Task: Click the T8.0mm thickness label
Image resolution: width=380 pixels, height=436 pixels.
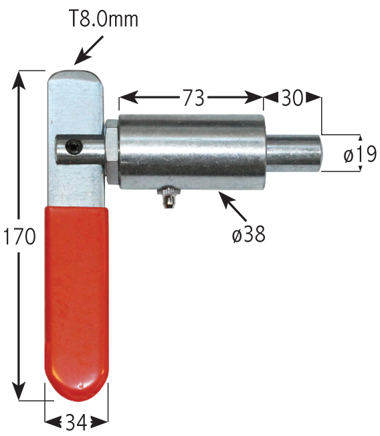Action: (x=104, y=18)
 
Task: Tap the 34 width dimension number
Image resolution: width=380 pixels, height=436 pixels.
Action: (x=76, y=421)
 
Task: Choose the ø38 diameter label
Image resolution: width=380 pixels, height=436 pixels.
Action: (x=249, y=234)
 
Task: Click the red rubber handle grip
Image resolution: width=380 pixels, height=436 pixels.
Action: (x=76, y=301)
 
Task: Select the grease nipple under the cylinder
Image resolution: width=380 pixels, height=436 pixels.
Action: (x=167, y=198)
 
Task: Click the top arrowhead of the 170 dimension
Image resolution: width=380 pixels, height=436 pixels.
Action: (x=21, y=77)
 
